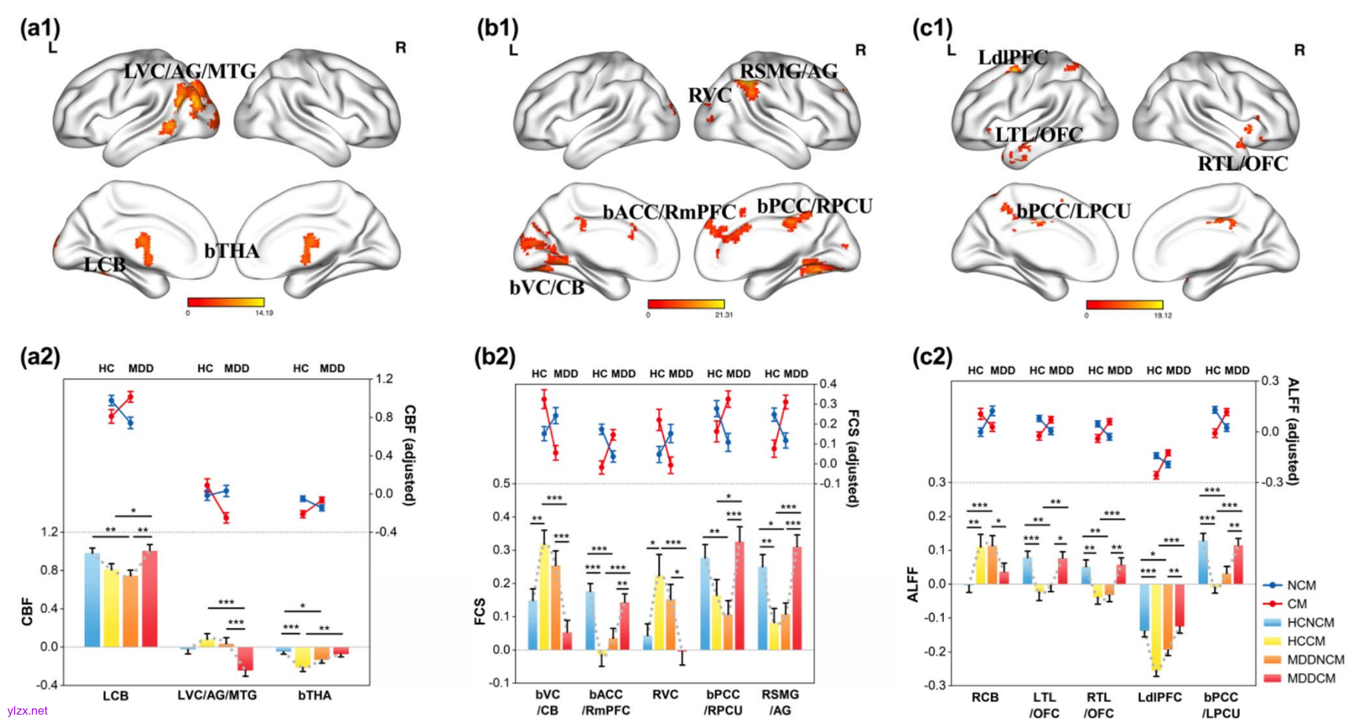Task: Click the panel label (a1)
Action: [x=40, y=28]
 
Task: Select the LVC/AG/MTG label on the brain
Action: [x=190, y=72]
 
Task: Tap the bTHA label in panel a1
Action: [x=232, y=252]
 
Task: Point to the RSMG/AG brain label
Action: [x=788, y=72]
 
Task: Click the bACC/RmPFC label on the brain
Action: [x=669, y=213]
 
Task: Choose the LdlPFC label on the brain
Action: [x=1012, y=58]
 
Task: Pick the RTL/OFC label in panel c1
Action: [x=1242, y=164]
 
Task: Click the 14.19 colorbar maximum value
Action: [x=264, y=313]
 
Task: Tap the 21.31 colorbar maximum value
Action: [x=723, y=315]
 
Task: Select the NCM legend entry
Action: [x=1301, y=585]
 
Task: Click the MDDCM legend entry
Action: [x=1311, y=678]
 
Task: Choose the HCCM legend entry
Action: [x=1306, y=641]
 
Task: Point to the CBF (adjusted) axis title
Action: [x=409, y=456]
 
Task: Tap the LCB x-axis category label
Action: [x=115, y=696]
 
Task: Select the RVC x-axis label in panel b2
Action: [x=665, y=695]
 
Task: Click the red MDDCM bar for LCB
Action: [x=150, y=598]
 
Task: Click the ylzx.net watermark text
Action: [x=27, y=711]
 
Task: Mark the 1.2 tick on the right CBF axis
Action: [x=384, y=379]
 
